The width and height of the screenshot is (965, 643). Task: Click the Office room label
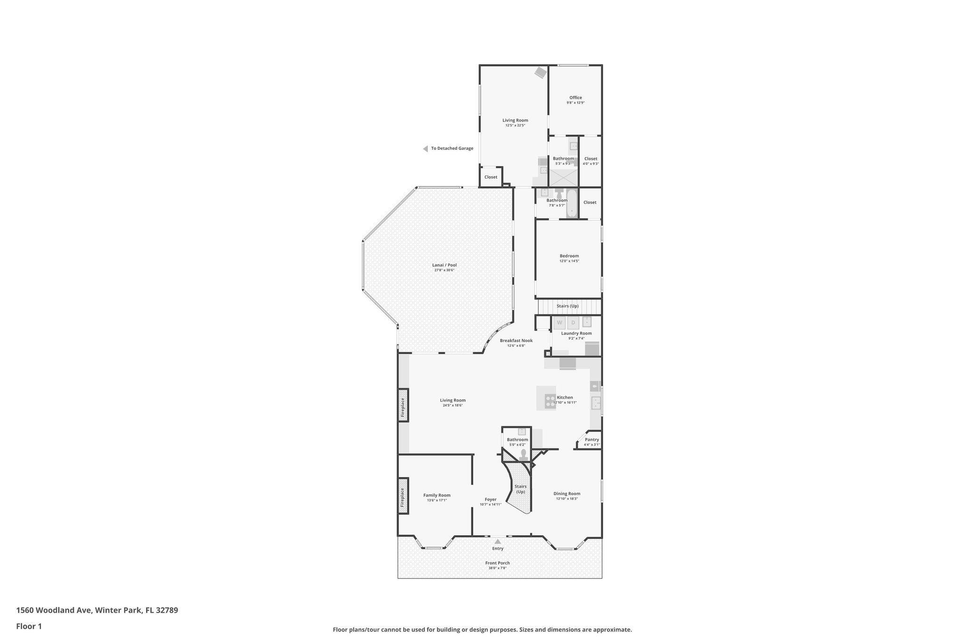575,98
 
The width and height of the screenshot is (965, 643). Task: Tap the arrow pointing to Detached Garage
425,148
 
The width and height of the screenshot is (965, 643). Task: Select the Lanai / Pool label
444,265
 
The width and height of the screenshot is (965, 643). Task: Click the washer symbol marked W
559,323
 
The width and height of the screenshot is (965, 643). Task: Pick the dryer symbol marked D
573,323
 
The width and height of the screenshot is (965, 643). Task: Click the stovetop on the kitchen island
550,401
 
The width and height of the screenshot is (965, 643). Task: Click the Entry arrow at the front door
498,542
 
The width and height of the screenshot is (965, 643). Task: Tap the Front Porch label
498,563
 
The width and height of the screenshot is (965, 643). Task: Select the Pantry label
592,440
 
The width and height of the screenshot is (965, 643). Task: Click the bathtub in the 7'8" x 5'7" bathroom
572,203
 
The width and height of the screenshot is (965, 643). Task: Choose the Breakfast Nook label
516,340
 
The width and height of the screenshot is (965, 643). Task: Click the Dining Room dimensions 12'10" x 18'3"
567,499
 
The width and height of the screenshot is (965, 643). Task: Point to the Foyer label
491,499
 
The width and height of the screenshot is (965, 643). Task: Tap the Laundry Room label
576,333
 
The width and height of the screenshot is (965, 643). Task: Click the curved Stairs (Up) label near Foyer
520,489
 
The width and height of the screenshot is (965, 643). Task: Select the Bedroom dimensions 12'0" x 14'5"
569,261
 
